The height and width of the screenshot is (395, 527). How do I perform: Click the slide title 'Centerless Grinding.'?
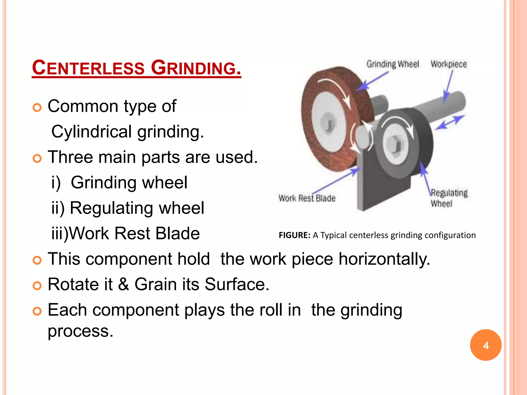(x=136, y=68)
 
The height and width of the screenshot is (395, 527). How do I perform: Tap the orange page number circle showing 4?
(x=486, y=345)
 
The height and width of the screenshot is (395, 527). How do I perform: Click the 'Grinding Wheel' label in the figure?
(x=393, y=64)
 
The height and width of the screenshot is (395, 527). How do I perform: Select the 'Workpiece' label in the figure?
(x=449, y=64)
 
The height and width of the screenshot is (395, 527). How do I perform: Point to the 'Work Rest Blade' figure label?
(x=307, y=198)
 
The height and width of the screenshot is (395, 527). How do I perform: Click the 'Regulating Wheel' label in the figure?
(x=449, y=198)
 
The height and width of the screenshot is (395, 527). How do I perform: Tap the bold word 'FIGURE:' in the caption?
(x=294, y=235)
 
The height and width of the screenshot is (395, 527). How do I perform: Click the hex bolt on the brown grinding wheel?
(x=328, y=123)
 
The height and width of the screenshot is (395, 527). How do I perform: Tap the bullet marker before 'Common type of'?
(x=37, y=107)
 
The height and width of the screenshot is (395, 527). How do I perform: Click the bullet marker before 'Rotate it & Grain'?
(x=37, y=285)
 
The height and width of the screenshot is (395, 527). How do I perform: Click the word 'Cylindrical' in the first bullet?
(x=92, y=132)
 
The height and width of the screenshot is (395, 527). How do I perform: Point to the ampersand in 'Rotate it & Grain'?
(x=124, y=284)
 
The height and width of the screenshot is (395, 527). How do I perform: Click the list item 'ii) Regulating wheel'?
(x=128, y=208)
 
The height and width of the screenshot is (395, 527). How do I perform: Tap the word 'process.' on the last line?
(x=81, y=331)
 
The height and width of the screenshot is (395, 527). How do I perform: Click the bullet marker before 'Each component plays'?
(x=37, y=311)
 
